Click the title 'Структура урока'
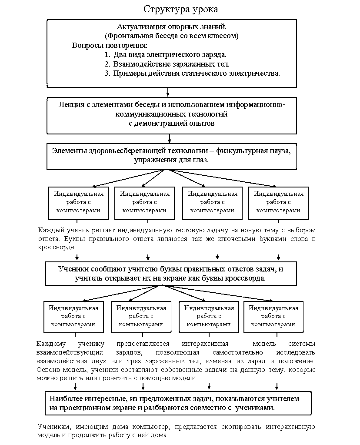(181, 9)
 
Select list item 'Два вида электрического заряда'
(170, 55)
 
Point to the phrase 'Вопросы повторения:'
(110, 45)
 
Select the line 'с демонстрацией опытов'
(172, 123)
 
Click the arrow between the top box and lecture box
(168, 92)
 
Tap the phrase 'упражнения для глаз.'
(172, 160)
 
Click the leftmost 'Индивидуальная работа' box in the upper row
(79, 202)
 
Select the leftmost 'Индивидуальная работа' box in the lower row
(73, 316)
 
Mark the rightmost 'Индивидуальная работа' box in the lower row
(273, 316)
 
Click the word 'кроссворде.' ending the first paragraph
(57, 247)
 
